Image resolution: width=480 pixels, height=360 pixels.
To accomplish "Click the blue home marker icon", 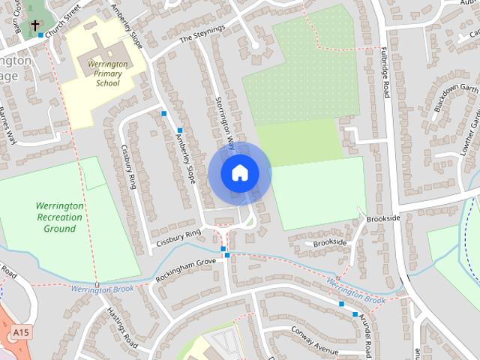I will pos(239,173).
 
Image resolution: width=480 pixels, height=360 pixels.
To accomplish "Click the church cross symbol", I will pos(34,25).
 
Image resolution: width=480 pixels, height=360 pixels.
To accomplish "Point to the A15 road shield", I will pos(20,331).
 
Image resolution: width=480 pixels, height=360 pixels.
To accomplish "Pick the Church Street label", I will pos(62,22).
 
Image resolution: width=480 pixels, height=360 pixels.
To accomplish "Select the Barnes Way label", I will pos(7,124).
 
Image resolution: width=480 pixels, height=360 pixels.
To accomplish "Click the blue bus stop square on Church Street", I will pos(41,35).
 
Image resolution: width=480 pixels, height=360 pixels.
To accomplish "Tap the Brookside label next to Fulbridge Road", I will pos(383,218).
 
